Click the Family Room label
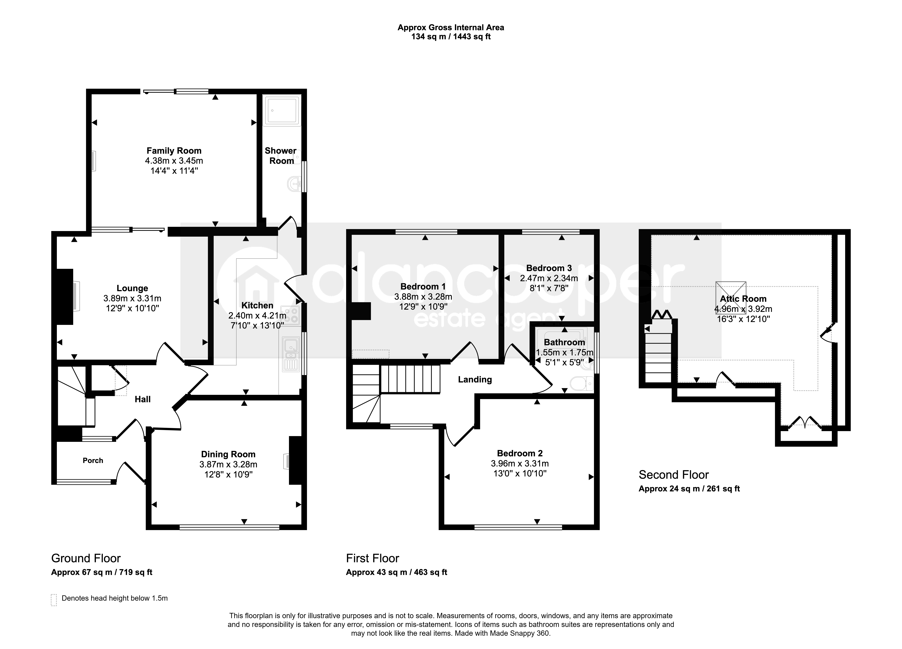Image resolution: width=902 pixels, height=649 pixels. (174, 151)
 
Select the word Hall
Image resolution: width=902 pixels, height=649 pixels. (142, 399)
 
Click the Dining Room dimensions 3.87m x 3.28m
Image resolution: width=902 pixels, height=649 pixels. (228, 464)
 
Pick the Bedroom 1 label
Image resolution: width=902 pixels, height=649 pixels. (423, 286)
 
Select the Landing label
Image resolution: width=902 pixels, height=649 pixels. (475, 380)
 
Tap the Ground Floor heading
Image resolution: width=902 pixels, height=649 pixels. (86, 558)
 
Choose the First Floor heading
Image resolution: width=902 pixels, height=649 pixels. (373, 558)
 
